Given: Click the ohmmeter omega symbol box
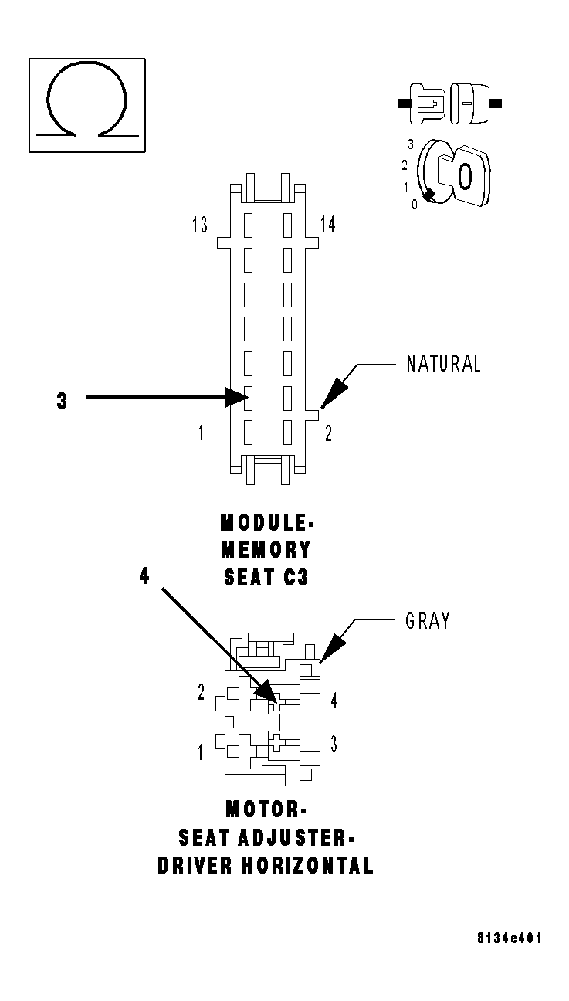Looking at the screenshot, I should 87,104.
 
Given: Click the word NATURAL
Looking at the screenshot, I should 443,364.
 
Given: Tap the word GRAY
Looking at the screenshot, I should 427,620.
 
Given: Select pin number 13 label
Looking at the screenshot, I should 200,226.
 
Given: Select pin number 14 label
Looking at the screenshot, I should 328,225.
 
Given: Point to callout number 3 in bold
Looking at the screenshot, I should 62,402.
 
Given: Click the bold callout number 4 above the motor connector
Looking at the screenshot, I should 144,575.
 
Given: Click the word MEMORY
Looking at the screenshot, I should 266,550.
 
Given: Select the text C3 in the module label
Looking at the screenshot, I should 295,577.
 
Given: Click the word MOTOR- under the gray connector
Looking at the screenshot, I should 266,809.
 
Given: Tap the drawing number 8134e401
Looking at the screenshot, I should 510,938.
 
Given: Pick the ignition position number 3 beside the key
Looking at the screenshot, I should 411,144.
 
